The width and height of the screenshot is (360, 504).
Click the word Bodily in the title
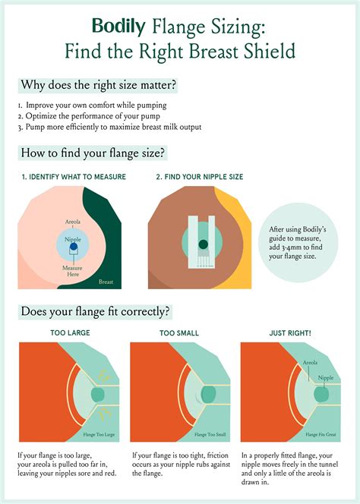coord(119,27)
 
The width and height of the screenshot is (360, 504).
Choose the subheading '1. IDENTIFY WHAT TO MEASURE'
coord(74,177)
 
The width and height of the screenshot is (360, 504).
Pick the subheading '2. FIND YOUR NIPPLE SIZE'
coord(200,177)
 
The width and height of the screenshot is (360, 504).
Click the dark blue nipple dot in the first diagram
coord(74,247)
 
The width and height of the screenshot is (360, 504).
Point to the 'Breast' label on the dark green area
coord(107,282)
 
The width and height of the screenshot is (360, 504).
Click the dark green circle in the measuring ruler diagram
coord(203,244)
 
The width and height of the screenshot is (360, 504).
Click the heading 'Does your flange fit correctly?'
coord(96,312)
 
